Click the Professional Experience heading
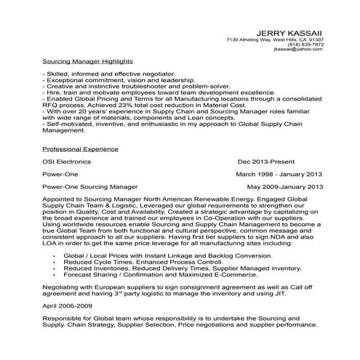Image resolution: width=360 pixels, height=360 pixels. click(81, 148)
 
